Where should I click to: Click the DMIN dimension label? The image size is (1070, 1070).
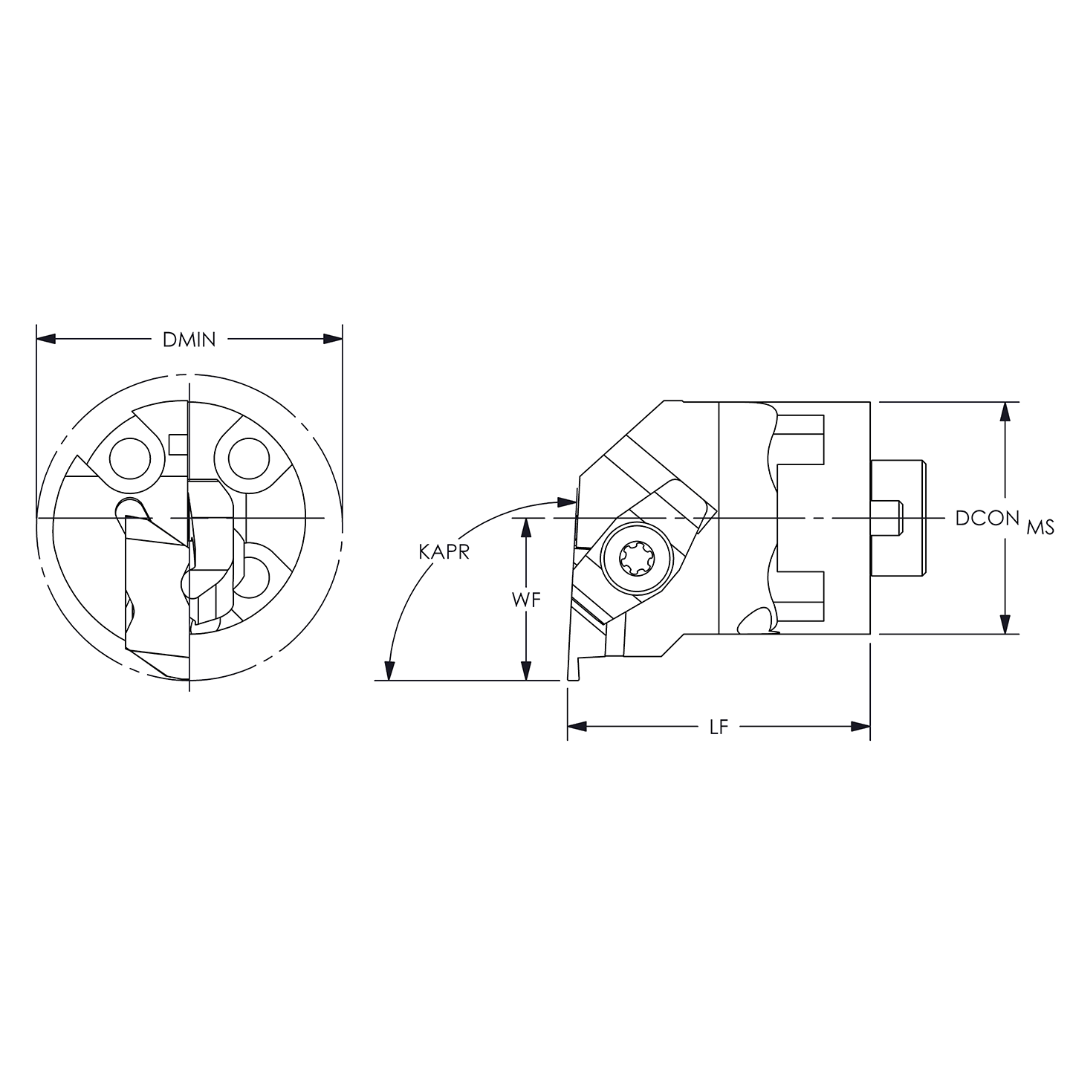189,340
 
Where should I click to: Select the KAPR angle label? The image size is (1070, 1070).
444,552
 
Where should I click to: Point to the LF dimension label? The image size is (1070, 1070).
718,727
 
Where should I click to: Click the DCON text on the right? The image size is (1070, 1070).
986,519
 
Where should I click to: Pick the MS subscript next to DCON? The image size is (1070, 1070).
1040,528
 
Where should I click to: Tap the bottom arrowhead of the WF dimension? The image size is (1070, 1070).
526,670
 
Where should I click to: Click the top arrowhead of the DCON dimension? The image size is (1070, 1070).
1005,412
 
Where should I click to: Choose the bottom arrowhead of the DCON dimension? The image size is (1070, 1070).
1005,624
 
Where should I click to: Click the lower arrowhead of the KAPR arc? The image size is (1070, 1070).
388,670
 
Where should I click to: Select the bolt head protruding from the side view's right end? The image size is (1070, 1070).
898,518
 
